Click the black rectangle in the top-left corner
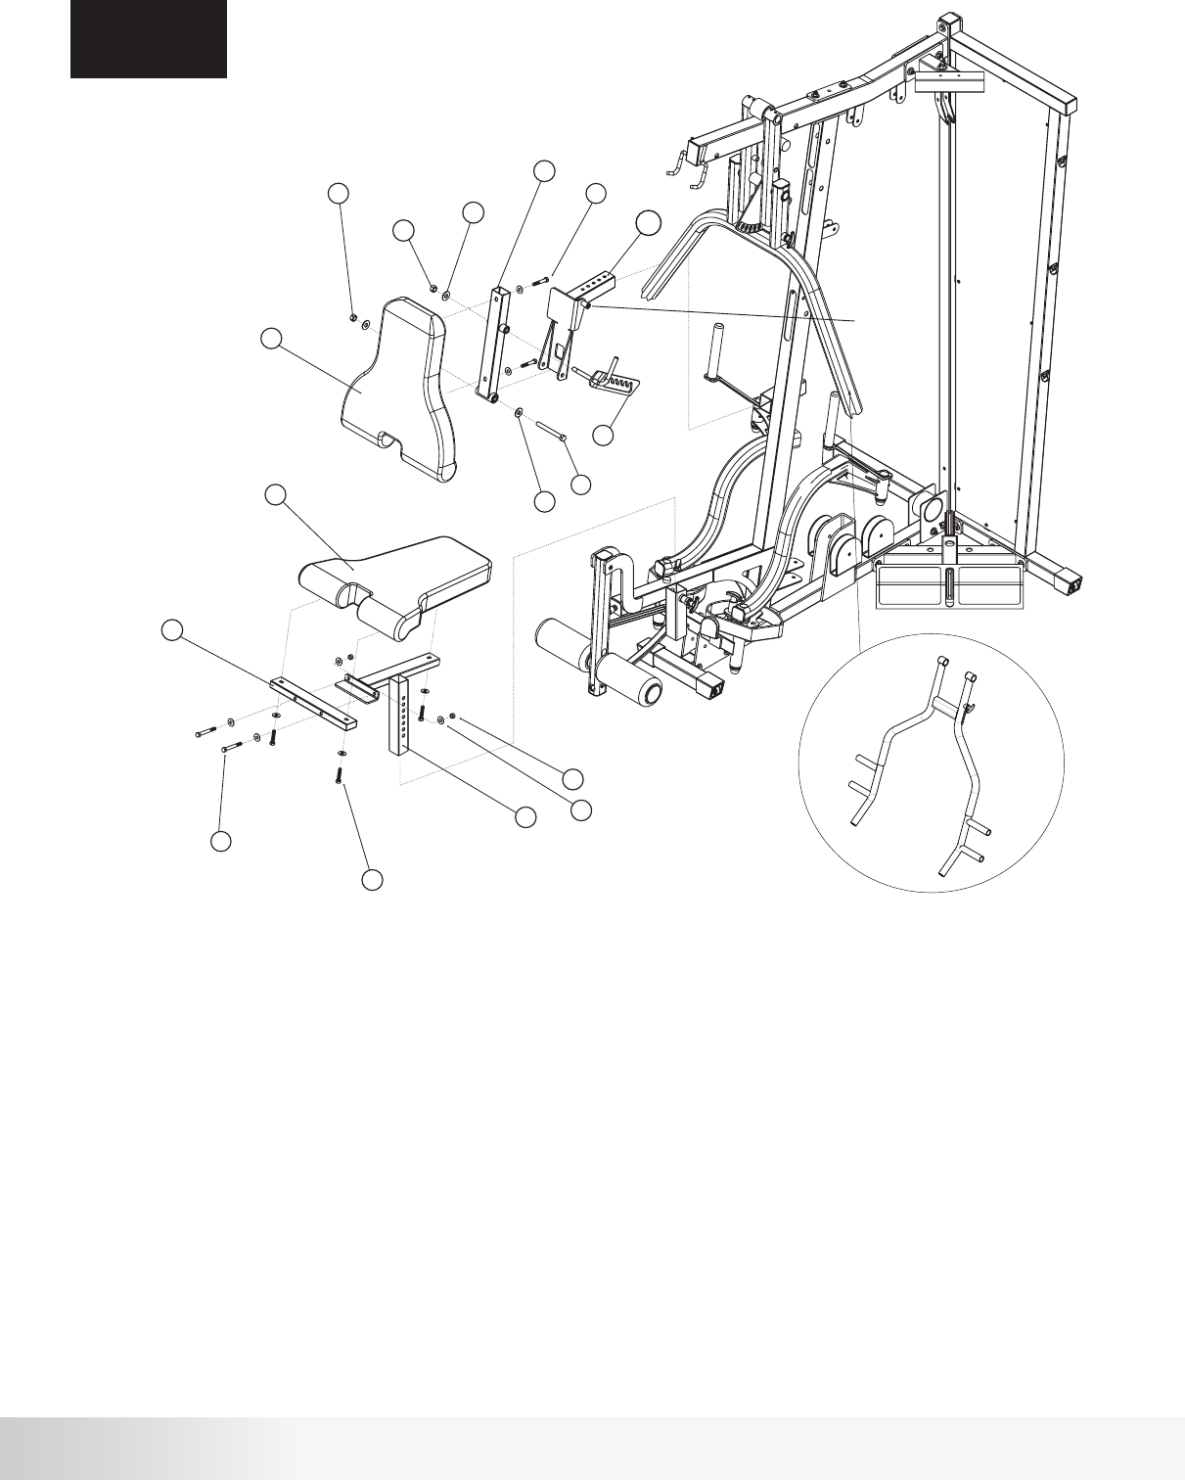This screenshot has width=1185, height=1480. click(148, 39)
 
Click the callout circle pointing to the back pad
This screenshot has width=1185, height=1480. click(272, 339)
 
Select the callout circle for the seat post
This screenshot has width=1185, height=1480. click(526, 816)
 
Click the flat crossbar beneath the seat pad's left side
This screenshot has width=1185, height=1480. click(313, 701)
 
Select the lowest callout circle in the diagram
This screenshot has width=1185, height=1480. click(372, 881)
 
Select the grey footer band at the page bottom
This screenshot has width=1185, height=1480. click(592, 1449)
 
